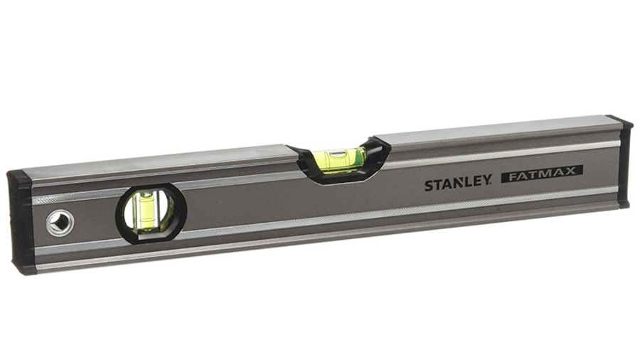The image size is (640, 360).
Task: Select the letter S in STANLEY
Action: (x=430, y=186)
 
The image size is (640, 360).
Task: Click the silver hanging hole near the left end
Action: (x=59, y=222)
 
